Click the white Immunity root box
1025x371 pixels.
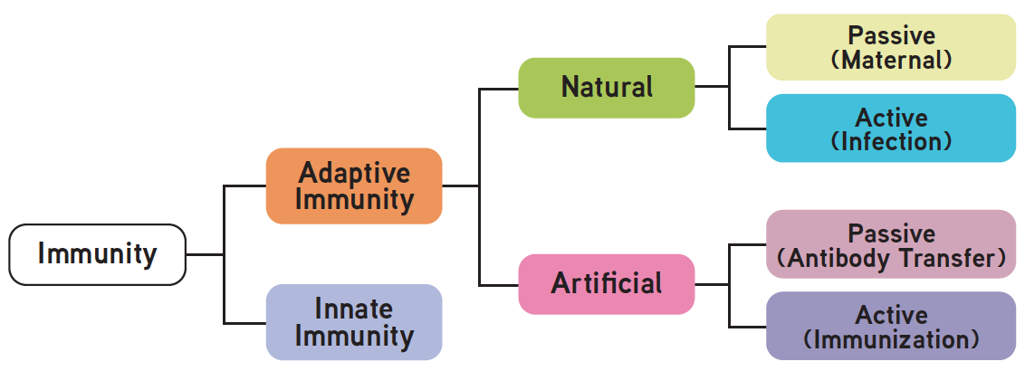click(97, 254)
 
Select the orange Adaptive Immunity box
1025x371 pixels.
click(354, 185)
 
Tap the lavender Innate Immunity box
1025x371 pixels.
click(354, 322)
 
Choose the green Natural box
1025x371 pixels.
click(606, 87)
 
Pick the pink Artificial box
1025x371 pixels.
click(606, 283)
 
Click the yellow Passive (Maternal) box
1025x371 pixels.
click(891, 47)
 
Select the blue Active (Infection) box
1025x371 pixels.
click(891, 128)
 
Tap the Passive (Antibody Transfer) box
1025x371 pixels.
click(891, 244)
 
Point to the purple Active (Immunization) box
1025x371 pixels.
click(891, 326)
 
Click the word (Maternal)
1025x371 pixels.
click(891, 60)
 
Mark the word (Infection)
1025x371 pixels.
click(891, 142)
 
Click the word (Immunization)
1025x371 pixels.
click(891, 340)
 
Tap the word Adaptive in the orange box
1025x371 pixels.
click(354, 172)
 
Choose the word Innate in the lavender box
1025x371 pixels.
click(354, 309)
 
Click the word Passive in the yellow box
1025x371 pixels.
click(891, 35)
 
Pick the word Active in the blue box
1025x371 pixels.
click(891, 118)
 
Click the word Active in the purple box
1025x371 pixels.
click(891, 315)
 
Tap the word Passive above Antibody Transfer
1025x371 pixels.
click(891, 233)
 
